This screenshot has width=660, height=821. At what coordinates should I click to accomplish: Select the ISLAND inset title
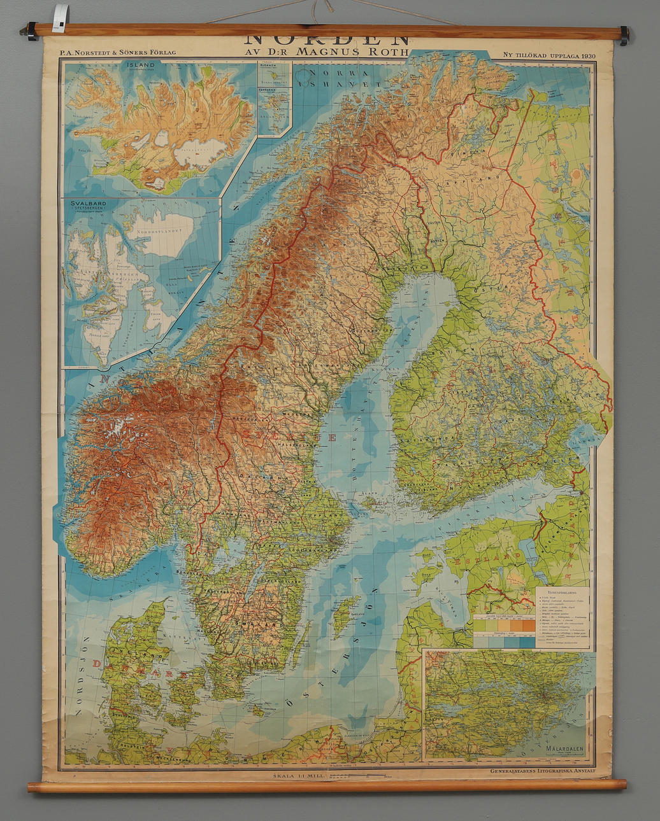pyautogui.click(x=140, y=65)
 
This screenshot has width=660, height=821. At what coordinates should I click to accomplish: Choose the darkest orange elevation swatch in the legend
pyautogui.click(x=528, y=625)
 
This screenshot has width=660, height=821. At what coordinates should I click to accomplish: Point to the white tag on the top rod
pyautogui.click(x=60, y=17)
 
